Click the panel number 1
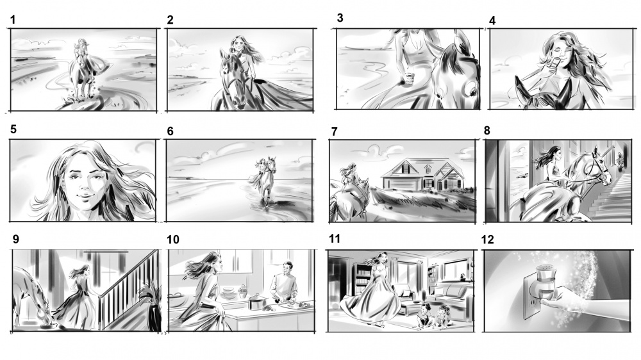pos(13,20)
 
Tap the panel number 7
pos(335,131)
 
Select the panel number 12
pos(488,240)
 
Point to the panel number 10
pos(173,240)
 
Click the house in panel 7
pos(423,174)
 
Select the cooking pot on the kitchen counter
pos(257,303)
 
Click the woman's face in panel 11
pos(383,258)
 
